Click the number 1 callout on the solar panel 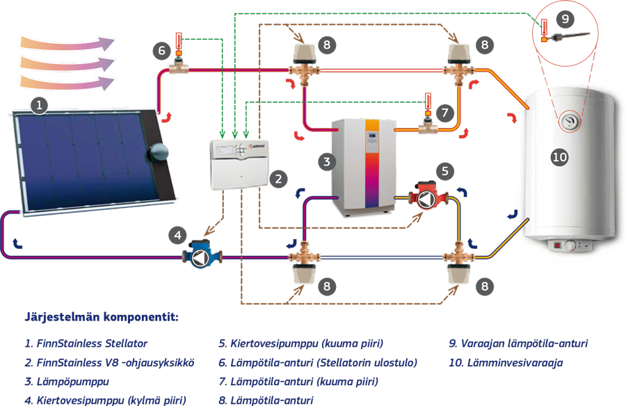tap(40, 105)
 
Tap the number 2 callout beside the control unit tap(278, 178)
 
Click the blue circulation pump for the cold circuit tap(200, 256)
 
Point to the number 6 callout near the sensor tap(161, 50)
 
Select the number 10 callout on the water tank tap(559, 158)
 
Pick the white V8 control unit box tap(239, 165)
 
